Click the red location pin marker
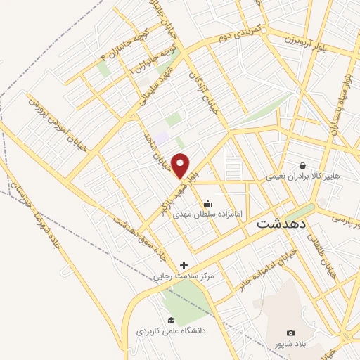[x=181, y=166]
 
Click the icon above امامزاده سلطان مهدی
[x=207, y=186]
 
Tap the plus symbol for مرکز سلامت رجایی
[x=184, y=265]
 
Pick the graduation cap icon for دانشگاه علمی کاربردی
[x=171, y=319]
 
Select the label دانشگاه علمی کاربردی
[x=171, y=330]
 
